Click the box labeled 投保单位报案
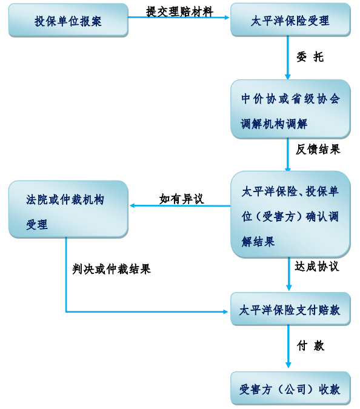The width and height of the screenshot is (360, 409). coord(68,21)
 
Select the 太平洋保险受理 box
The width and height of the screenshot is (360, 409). coord(290,20)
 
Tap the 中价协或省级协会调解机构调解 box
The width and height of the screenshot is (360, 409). coord(290,109)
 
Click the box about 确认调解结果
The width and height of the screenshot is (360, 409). coord(290,214)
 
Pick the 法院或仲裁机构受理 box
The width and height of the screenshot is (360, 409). coord(68,209)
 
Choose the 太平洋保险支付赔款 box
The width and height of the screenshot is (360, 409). coord(290,309)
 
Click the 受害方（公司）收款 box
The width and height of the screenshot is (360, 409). coord(290,388)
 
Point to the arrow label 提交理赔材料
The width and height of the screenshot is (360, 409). coord(179,12)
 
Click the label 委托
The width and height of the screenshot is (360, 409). coord(310,57)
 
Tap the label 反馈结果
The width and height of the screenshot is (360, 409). coord(318,149)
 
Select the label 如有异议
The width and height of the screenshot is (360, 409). coord(182,199)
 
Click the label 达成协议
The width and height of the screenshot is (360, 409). coord(317,267)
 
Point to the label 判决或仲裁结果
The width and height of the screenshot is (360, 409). coord(112,269)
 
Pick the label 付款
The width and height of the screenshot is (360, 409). coord(310,345)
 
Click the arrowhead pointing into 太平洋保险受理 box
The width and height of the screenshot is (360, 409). coord(227,18)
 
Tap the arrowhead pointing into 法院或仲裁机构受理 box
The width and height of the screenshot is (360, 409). coord(132,205)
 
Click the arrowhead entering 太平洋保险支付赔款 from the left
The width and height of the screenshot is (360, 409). coord(225,311)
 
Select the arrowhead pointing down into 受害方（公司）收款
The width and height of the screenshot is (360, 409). coord(288,365)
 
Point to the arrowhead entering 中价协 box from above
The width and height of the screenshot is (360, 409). coord(288,76)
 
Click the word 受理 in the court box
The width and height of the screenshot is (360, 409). coord(37,224)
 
